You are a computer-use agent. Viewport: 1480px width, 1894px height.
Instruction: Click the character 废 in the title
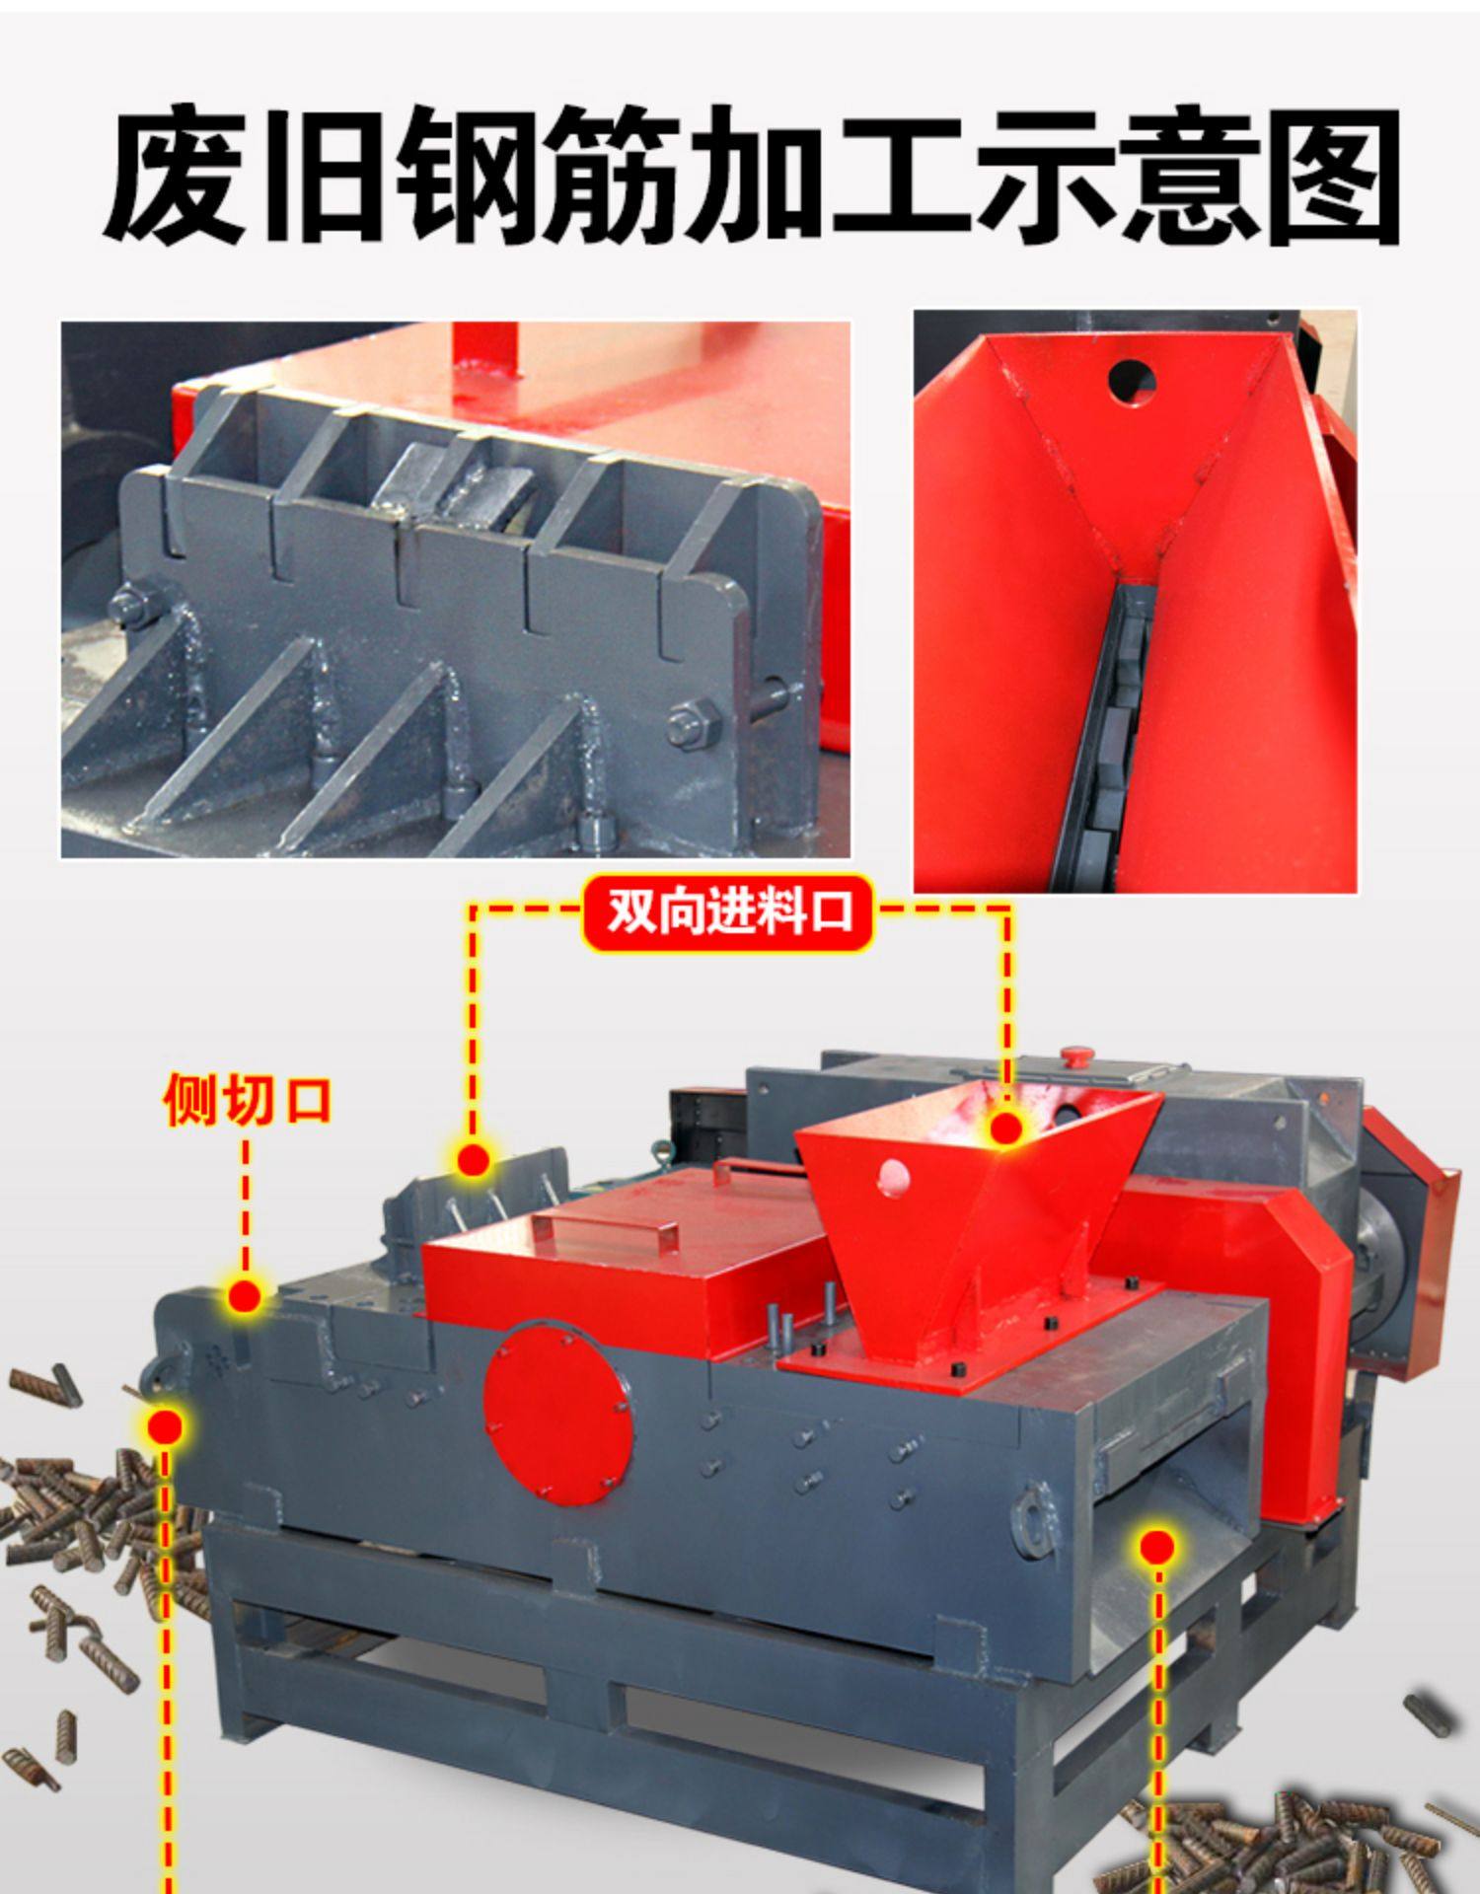pos(175,175)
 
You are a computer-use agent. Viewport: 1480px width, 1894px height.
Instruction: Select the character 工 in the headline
pos(902,175)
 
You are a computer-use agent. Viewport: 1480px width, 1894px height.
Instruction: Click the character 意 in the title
pos(1189,175)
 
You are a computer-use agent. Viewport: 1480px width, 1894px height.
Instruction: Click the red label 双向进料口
pos(727,911)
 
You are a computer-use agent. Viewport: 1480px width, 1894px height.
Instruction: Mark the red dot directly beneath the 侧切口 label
pos(244,1296)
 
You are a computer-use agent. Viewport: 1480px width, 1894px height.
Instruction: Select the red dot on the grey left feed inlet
pos(474,1160)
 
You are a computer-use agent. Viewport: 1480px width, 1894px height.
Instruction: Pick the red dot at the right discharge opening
pos(1156,1547)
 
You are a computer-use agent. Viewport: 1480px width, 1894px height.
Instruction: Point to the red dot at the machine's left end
pos(165,1425)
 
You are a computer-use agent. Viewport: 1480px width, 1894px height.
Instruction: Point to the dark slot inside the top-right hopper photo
pos(1097,740)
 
